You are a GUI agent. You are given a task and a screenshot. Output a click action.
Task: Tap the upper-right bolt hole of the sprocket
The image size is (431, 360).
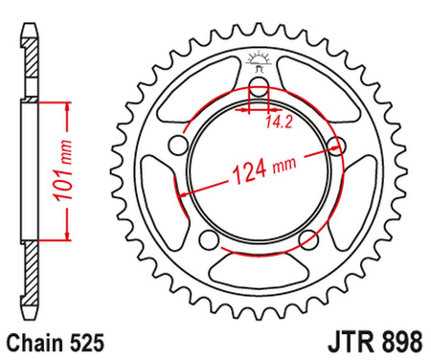(334, 145)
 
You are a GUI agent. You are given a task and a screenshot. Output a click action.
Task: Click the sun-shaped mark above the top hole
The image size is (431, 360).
(257, 60)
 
